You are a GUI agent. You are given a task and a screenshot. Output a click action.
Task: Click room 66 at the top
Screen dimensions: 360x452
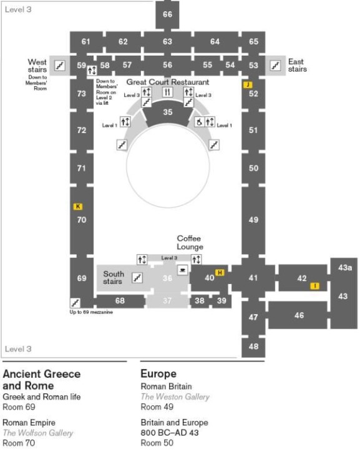click(167, 14)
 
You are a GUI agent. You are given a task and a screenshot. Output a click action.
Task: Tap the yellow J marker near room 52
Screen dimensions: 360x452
click(248, 85)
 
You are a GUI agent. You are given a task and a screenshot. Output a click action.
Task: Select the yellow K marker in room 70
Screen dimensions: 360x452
click(78, 207)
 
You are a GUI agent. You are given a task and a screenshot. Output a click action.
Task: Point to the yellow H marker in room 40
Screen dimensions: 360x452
click(220, 272)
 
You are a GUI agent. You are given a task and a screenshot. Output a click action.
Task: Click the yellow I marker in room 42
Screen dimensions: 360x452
click(315, 286)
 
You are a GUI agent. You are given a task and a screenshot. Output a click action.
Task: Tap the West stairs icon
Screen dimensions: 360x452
click(60, 66)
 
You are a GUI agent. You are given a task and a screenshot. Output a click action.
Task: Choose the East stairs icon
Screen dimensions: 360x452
click(275, 66)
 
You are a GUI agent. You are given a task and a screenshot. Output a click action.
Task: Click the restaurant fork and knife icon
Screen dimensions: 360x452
click(168, 92)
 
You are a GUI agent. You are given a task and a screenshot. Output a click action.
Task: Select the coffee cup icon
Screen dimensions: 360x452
click(183, 270)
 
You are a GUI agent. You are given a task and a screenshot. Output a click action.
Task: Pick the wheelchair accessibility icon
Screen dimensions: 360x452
click(199, 122)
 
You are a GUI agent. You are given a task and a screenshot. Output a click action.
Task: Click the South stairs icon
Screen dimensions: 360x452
click(137, 278)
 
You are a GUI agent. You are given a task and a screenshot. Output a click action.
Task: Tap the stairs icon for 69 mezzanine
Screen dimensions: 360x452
click(75, 303)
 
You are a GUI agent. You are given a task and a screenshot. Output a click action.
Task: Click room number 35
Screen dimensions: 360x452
click(168, 112)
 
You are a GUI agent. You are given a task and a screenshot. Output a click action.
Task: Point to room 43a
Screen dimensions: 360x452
click(345, 267)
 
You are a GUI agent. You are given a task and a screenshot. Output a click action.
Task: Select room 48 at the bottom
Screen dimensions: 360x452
click(253, 346)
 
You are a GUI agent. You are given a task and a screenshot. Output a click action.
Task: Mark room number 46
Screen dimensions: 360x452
click(299, 315)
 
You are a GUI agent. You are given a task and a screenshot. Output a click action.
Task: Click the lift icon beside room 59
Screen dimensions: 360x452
click(92, 70)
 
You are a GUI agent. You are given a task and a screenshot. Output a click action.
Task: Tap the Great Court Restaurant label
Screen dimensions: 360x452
click(168, 82)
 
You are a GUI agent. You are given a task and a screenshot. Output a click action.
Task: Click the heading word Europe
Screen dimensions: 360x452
click(158, 373)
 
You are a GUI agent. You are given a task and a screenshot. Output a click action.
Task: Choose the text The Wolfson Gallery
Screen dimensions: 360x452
click(37, 433)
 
